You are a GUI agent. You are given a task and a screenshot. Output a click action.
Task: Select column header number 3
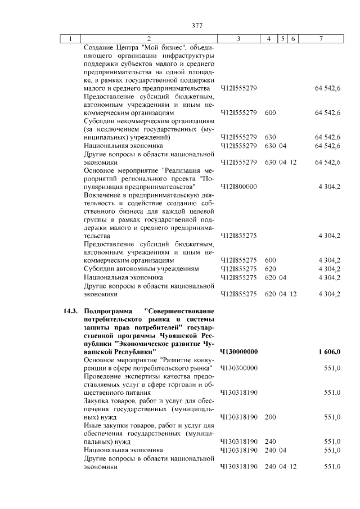tap(238, 39)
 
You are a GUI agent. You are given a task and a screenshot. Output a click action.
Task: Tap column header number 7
tap(321, 39)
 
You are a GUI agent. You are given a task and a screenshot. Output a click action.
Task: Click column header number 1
tap(70, 39)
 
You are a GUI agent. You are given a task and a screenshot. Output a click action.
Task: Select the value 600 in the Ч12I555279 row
tap(270, 112)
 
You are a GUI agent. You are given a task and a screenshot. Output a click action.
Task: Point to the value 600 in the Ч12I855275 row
tap(270, 260)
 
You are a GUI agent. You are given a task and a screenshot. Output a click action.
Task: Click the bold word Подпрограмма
tap(107, 310)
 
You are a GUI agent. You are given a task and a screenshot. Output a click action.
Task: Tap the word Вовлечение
tap(102, 195)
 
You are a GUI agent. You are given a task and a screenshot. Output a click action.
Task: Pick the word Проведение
tap(103, 376)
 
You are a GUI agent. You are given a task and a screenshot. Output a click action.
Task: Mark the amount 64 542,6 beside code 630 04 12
tap(328, 162)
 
